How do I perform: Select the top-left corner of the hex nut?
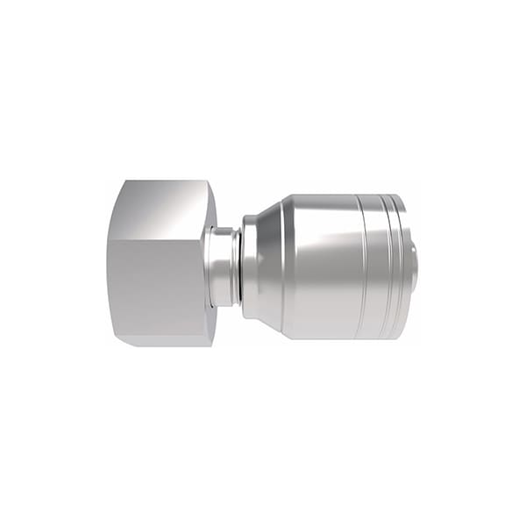(x=124, y=182)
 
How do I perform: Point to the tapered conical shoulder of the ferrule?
(x=267, y=263)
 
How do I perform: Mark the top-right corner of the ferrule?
(x=403, y=198)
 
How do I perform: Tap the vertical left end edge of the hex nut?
(x=109, y=263)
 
